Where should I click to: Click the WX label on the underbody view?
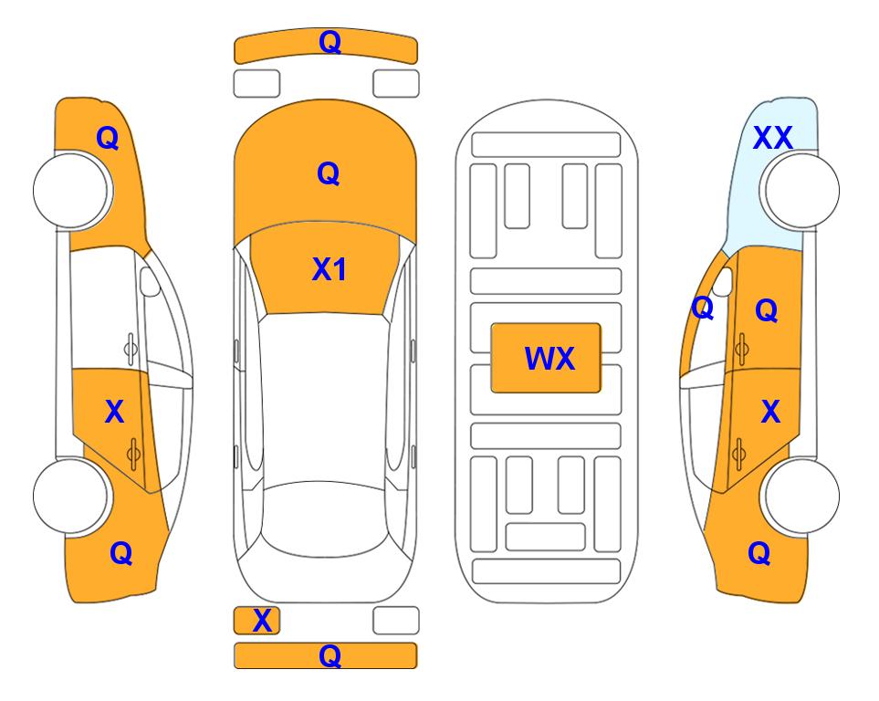[x=549, y=358]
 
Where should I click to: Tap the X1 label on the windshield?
[x=330, y=269]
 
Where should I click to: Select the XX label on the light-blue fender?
[x=772, y=138]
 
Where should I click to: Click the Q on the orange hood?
[x=329, y=173]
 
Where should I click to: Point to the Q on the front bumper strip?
[x=330, y=42]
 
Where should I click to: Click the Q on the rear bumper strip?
[x=330, y=655]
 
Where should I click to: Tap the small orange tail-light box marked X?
[x=256, y=621]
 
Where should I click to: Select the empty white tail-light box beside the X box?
[x=396, y=621]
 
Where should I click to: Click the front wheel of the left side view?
[x=72, y=191]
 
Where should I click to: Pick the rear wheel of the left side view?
[x=72, y=497]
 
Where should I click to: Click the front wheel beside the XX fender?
[x=800, y=191]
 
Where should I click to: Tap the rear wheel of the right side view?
[x=800, y=497]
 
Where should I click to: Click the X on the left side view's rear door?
[x=114, y=412]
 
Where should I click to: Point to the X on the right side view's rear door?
[x=770, y=412]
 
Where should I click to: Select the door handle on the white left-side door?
[x=131, y=349]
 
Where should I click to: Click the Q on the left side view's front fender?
[x=108, y=138]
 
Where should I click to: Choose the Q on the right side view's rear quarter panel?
[x=759, y=553]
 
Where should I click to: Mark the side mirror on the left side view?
[x=149, y=281]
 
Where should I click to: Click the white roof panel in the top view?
[x=324, y=399]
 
